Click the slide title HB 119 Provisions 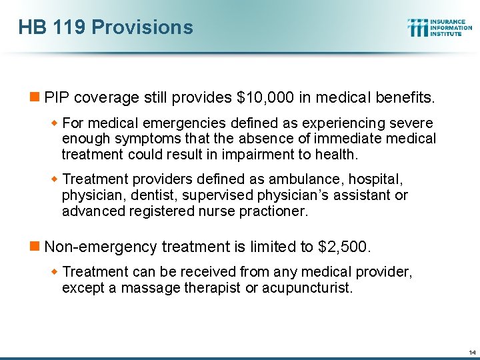point(106,27)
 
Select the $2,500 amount point(344,247)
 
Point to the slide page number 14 point(472,352)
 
